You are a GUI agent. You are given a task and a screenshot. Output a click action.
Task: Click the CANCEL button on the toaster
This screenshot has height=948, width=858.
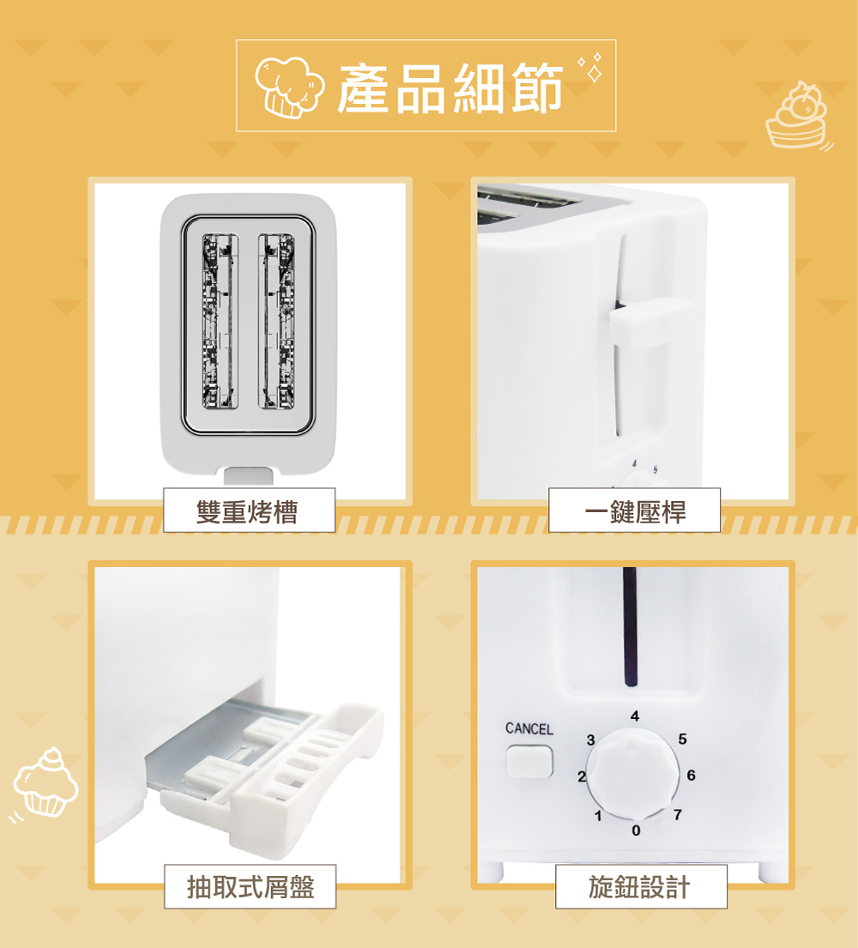tap(529, 761)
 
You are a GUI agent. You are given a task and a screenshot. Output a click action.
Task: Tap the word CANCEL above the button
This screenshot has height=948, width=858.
tap(529, 728)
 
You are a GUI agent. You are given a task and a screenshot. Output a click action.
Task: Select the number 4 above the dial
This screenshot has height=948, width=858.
tap(634, 716)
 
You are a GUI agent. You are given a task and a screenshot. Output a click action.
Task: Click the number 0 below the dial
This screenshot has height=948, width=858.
tap(636, 830)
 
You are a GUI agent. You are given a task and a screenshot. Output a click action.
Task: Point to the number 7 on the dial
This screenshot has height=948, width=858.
tap(678, 815)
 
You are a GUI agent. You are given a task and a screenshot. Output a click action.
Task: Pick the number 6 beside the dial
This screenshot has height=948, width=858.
tap(691, 775)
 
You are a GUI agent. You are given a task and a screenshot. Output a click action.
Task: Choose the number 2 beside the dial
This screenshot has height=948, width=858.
tap(582, 776)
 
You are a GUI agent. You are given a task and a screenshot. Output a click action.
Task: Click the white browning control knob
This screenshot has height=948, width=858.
tap(631, 773)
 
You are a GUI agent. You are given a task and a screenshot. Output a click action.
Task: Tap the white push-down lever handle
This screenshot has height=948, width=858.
tap(650, 323)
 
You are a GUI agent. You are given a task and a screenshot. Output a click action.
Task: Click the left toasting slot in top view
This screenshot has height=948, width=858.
tap(220, 321)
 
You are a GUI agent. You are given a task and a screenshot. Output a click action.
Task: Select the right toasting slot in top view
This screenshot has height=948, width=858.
tap(276, 321)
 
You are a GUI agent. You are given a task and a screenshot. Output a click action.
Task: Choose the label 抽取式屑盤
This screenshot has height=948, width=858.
tap(251, 887)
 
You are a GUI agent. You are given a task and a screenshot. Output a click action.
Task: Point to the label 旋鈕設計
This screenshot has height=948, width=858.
tap(639, 887)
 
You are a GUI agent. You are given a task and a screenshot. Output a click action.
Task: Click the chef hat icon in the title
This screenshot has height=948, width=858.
tap(289, 87)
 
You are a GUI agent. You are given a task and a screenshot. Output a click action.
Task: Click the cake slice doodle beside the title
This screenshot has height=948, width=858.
tap(797, 116)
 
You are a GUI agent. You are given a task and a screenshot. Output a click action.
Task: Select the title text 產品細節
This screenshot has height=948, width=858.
tap(450, 88)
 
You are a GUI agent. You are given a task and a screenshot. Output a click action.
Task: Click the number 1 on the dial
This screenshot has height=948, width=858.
tap(598, 816)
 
